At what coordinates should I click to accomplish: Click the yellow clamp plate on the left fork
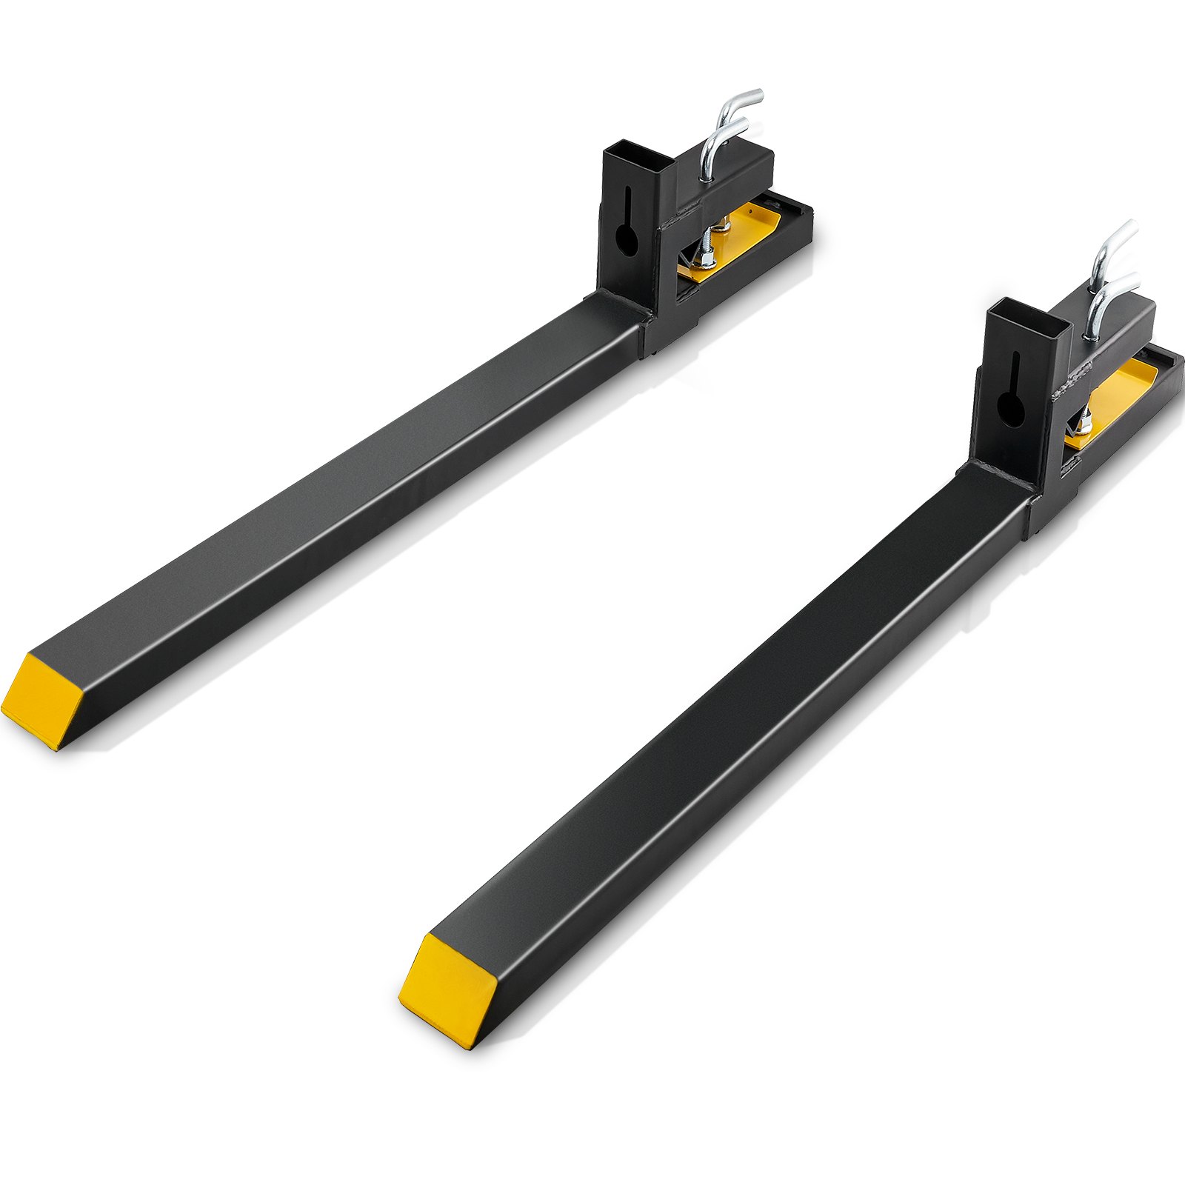coord(733,237)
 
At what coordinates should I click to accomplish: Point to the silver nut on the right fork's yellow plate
coord(1084,427)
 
